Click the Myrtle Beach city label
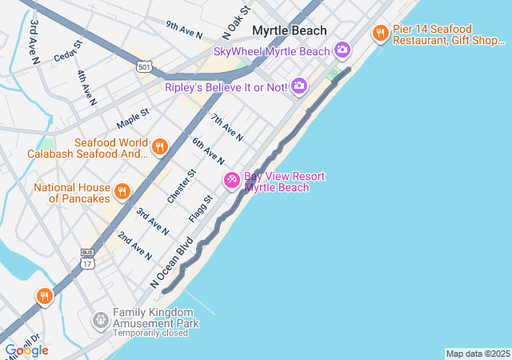[x=290, y=30]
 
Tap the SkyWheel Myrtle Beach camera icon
[x=342, y=51]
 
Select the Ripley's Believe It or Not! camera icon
[x=298, y=86]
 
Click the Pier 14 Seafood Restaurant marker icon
[x=380, y=34]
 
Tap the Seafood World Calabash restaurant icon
[x=159, y=146]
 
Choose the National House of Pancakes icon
[x=122, y=191]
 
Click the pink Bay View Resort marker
[x=231, y=181]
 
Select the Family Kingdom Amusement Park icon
[x=100, y=322]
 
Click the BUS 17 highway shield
[x=87, y=258]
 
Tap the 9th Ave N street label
[x=184, y=30]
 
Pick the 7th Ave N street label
[x=227, y=127]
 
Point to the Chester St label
[x=182, y=186]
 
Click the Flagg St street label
[x=201, y=209]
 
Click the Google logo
[x=26, y=350]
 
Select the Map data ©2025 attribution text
[x=477, y=354]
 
